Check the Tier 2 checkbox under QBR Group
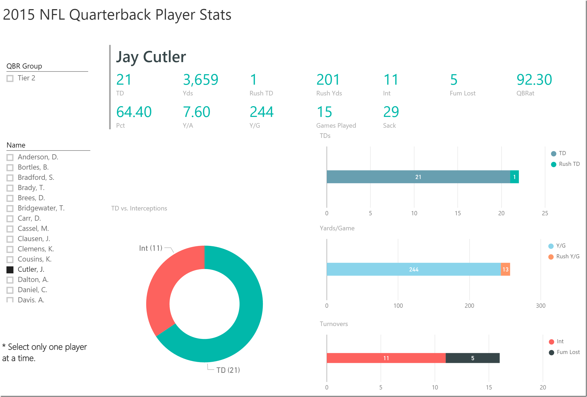[x=10, y=78]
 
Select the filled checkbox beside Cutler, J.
[x=10, y=270]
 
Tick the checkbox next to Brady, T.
[x=10, y=188]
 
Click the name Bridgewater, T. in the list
[x=41, y=208]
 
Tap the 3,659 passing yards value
[x=201, y=80]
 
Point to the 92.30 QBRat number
[x=534, y=80]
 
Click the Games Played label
[x=336, y=126]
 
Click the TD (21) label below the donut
[x=228, y=370]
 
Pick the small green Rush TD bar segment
[x=514, y=177]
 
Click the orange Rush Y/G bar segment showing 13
[x=505, y=269]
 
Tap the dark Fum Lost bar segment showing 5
[x=473, y=358]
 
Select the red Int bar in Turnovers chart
[x=386, y=358]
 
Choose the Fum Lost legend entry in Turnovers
[x=568, y=352]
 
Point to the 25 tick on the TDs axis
[x=545, y=213]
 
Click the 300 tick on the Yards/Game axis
[x=541, y=306]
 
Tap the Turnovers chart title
[x=334, y=324]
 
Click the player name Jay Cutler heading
[x=151, y=57]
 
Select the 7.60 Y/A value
[x=196, y=112]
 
